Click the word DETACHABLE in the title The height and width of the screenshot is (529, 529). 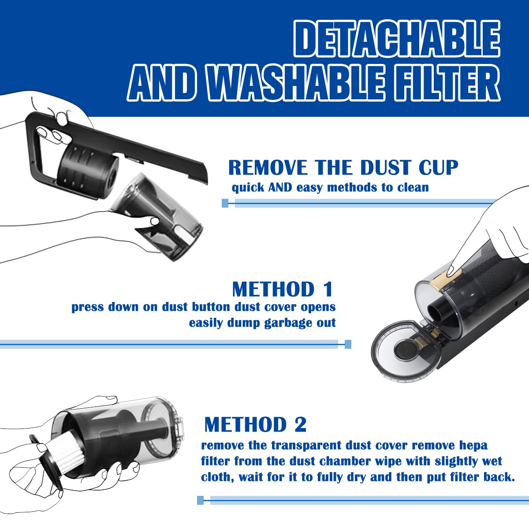[x=397, y=39]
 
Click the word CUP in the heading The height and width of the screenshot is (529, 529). [x=438, y=167]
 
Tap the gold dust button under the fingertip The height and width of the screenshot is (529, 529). [x=445, y=279]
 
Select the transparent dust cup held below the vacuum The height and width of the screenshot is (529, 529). [x=159, y=217]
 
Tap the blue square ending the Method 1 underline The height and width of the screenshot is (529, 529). [x=348, y=344]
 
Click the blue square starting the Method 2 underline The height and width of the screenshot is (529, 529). [x=201, y=500]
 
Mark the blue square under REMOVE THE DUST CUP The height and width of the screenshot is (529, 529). [x=225, y=203]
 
